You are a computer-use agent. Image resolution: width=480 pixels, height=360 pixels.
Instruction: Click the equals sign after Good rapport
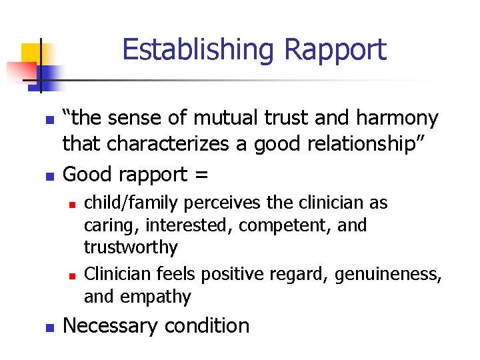pyautogui.click(x=202, y=175)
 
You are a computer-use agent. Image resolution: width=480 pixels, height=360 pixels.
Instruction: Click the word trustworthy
pyautogui.click(x=131, y=248)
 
